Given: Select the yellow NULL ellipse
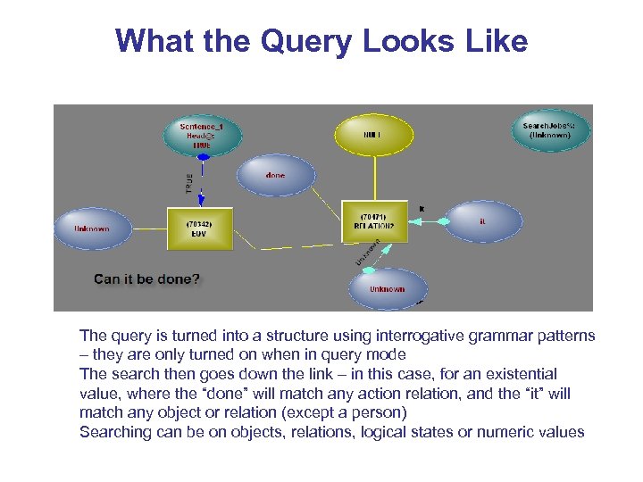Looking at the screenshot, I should point(373,136).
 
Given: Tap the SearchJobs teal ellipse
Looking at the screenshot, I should point(547,130).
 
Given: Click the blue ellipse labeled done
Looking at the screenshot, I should point(275,176).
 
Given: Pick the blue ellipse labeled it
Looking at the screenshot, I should point(483,221).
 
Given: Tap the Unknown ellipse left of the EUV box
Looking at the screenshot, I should point(92,229).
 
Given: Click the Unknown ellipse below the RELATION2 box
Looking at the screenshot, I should point(387,288).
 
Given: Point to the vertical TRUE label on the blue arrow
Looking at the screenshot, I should point(188,182).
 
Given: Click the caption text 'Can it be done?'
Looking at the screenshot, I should point(148,279).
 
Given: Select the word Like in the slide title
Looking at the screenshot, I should point(493,41).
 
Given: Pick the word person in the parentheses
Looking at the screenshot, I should point(380,412).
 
